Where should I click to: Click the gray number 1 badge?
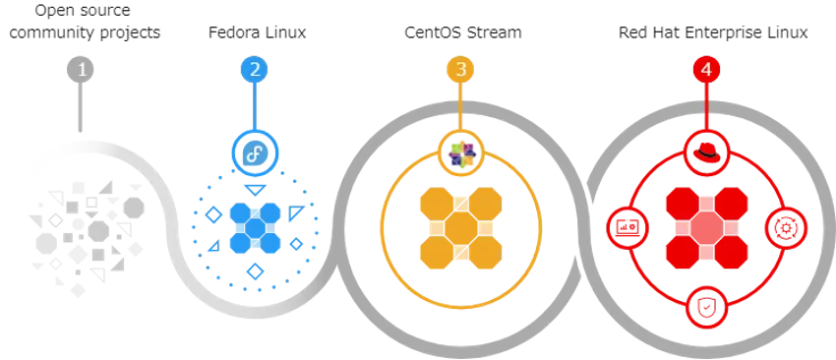click(82, 69)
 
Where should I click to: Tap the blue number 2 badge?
click(255, 69)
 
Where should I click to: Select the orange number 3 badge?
click(459, 69)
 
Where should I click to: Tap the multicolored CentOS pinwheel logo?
click(459, 151)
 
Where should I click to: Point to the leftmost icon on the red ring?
click(626, 228)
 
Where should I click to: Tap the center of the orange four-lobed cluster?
click(459, 228)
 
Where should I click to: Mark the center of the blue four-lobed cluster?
click(255, 228)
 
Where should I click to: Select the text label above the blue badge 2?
click(255, 31)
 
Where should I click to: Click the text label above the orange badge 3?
click(463, 31)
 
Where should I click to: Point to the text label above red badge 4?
click(711, 31)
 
